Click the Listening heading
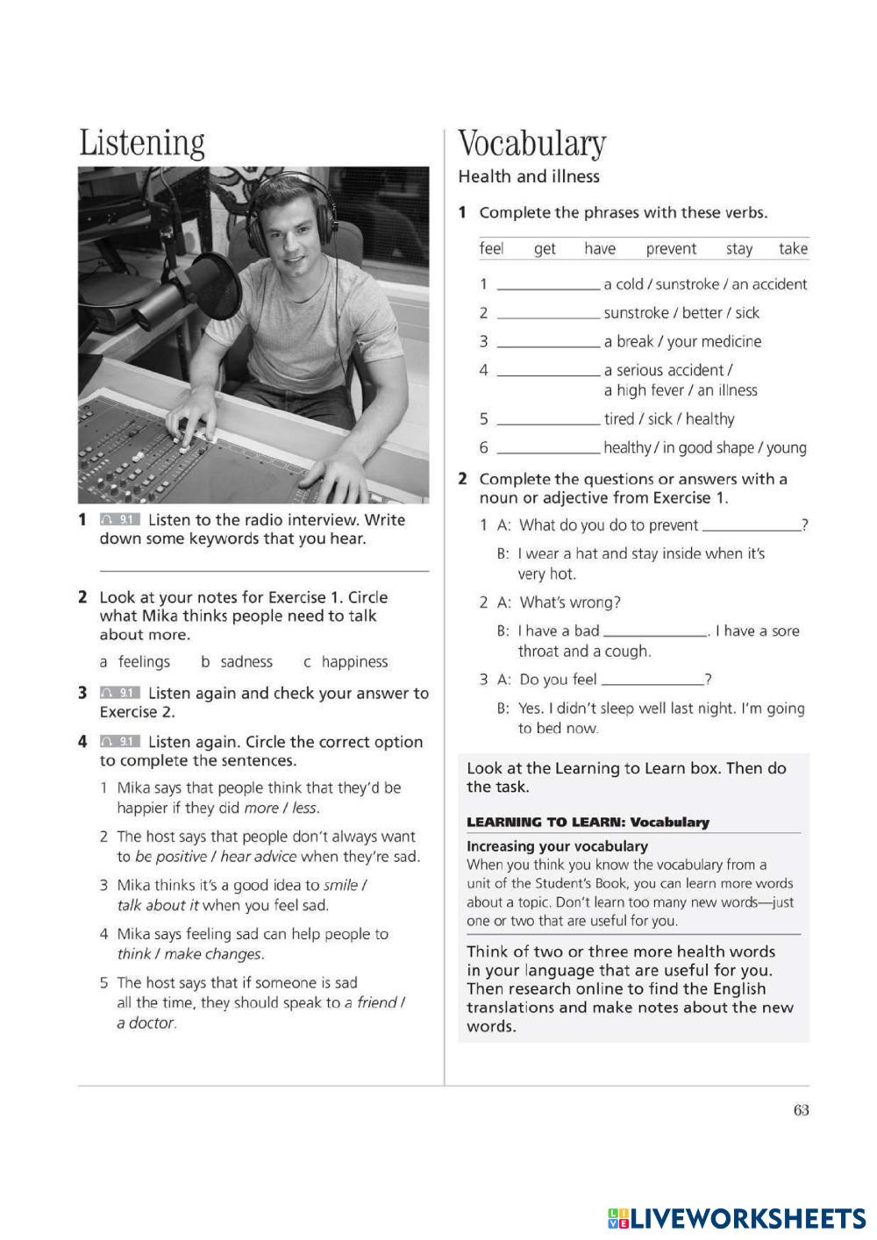coord(142,145)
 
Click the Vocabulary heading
coord(532,145)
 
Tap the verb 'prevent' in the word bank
coord(671,249)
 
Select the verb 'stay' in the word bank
coord(739,249)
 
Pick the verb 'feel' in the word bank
coord(491,249)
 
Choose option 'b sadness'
coord(237,662)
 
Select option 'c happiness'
coord(346,662)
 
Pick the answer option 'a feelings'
coord(135,662)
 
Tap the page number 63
coord(801,1110)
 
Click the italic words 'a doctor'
coord(146,1023)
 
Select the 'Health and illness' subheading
coord(529,177)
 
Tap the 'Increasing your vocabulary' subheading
coord(557,846)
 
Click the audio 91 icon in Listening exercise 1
coord(119,520)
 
